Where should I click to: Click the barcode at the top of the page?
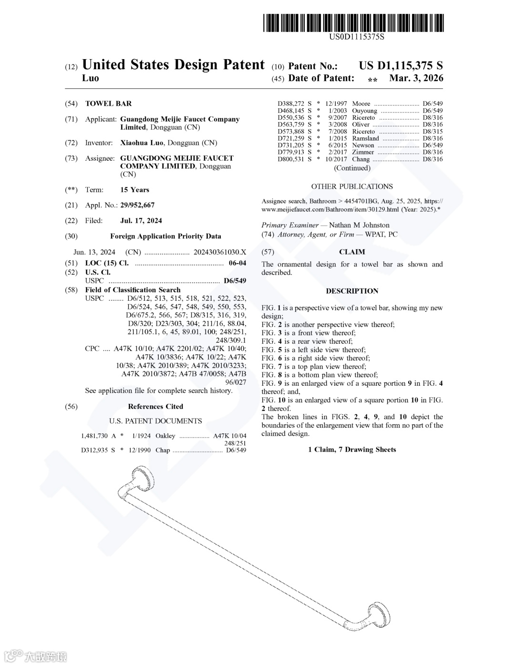pyautogui.click(x=353, y=23)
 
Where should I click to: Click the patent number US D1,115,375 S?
pyautogui.click(x=401, y=66)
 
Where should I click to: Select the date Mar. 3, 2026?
pyautogui.click(x=416, y=78)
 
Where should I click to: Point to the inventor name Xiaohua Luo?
pyautogui.click(x=142, y=143)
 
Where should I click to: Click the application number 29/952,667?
pyautogui.click(x=137, y=205)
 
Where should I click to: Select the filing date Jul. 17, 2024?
pyautogui.click(x=141, y=220)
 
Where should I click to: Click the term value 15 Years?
pyautogui.click(x=134, y=189)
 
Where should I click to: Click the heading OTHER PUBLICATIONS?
pyautogui.click(x=352, y=186)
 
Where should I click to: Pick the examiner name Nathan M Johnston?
pyautogui.click(x=359, y=225)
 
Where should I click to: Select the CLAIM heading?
pyautogui.click(x=352, y=252)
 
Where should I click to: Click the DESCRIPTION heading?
pyautogui.click(x=352, y=291)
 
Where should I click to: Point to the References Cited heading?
pyautogui.click(x=155, y=406)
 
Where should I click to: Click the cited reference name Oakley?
pyautogui.click(x=165, y=436)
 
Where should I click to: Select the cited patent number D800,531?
pyautogui.click(x=290, y=159)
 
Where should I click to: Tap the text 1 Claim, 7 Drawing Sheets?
pyautogui.click(x=352, y=449)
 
